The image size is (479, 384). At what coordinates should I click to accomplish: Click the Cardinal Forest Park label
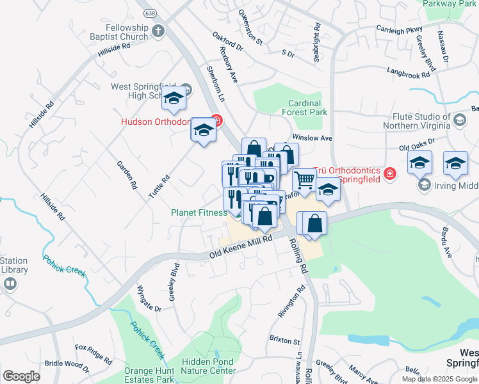pos(304,108)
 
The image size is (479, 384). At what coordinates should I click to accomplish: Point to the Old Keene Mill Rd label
pos(241,246)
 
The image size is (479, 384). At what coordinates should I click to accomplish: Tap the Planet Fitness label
pos(199,212)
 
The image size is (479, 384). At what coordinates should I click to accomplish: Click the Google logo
pos(21,376)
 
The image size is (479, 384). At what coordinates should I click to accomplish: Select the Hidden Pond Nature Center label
pos(208,365)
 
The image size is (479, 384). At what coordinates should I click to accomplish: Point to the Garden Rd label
pos(127,175)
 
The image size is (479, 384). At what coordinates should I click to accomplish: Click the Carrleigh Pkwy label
pos(400,29)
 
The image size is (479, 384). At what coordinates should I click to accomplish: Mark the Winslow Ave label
pos(312,138)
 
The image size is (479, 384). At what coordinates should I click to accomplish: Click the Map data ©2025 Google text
pos(439,379)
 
